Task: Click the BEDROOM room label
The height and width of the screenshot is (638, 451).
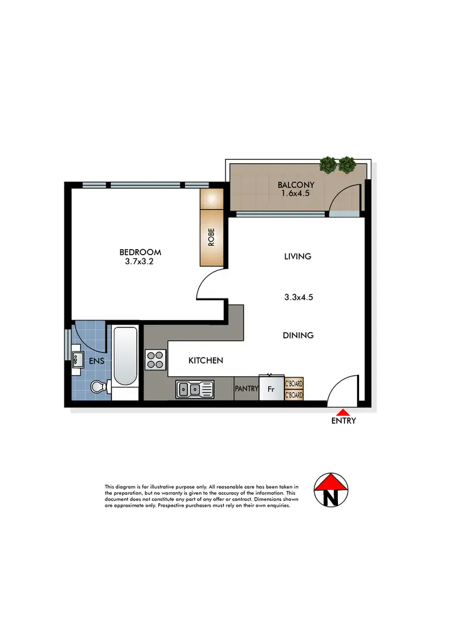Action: pos(140,252)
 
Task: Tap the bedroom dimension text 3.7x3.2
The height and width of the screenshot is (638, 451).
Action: pos(140,262)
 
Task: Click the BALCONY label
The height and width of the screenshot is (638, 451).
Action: pos(292,185)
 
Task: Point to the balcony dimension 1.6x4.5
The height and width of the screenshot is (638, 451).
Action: pos(292,194)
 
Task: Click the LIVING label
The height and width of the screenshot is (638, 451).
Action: pos(298,256)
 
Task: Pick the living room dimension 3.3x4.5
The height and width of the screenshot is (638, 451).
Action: pos(299,296)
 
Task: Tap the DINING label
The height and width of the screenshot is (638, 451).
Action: pos(298,335)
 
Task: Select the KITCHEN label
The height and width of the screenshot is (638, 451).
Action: pos(206,361)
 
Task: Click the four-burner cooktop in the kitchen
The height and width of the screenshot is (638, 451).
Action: pos(155,360)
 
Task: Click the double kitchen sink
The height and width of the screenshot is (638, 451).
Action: pos(194,389)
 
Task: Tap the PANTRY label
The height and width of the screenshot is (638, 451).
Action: pos(247,389)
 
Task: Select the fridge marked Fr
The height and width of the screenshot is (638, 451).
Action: pos(271,389)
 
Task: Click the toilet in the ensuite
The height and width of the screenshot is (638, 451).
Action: pos(97,388)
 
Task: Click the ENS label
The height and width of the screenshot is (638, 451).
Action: pos(97,362)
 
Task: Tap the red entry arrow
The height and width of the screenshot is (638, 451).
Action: pos(343,412)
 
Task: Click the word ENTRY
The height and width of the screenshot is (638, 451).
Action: pos(343,421)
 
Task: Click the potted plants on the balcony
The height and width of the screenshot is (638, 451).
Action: pos(337,164)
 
